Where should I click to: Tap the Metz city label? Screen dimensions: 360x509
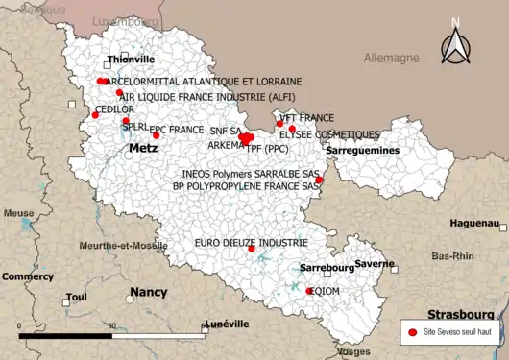[143, 150]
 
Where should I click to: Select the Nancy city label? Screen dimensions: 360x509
[148, 292]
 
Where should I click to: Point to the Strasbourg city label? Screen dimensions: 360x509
[460, 314]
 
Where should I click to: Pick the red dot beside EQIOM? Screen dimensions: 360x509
[309, 291]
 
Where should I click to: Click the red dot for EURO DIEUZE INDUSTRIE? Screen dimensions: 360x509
[252, 249]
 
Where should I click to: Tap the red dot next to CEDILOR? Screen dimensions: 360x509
[95, 115]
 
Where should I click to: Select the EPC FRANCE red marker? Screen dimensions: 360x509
[156, 135]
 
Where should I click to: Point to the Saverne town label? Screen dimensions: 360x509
[374, 263]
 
